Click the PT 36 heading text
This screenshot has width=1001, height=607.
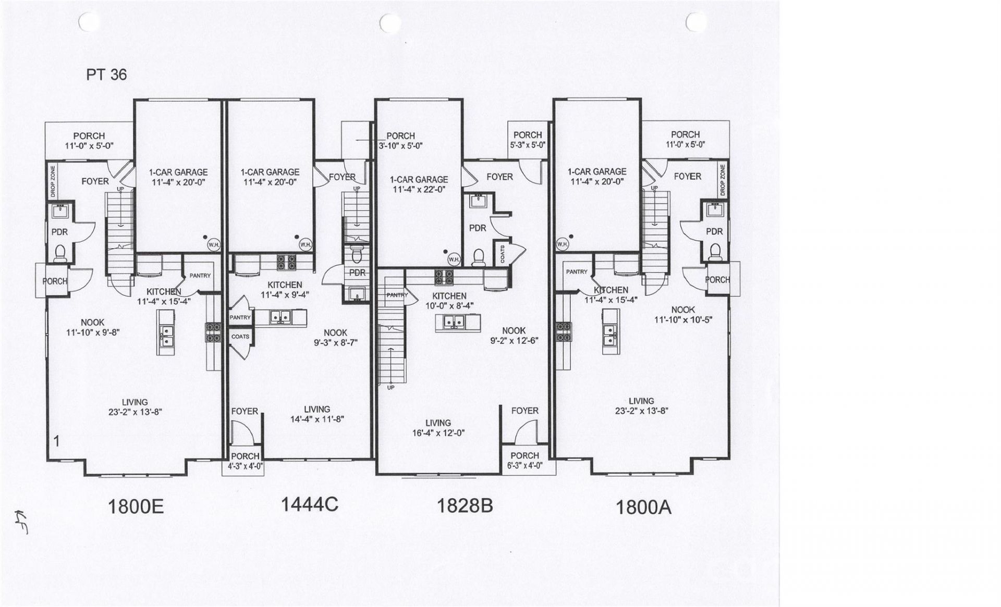click(106, 75)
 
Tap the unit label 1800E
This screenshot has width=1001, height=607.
click(136, 506)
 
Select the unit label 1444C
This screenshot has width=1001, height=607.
click(310, 504)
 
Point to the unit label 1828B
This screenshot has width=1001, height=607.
click(465, 505)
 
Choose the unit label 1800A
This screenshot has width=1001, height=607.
click(643, 507)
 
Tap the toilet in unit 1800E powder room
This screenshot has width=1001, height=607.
click(60, 253)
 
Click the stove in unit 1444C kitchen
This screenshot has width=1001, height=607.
click(286, 262)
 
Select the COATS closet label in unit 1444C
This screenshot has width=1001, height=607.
click(240, 337)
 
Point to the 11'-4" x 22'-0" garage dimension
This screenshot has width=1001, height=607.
click(419, 190)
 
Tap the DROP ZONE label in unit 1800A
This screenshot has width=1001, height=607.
click(723, 180)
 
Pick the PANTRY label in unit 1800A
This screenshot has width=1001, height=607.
click(577, 271)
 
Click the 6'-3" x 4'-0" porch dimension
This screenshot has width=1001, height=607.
click(524, 466)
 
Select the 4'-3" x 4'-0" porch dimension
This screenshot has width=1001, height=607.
click(245, 466)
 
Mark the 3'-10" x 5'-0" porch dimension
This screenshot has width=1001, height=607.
click(400, 146)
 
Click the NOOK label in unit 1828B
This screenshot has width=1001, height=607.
click(514, 331)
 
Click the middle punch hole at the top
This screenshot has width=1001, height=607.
click(388, 22)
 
